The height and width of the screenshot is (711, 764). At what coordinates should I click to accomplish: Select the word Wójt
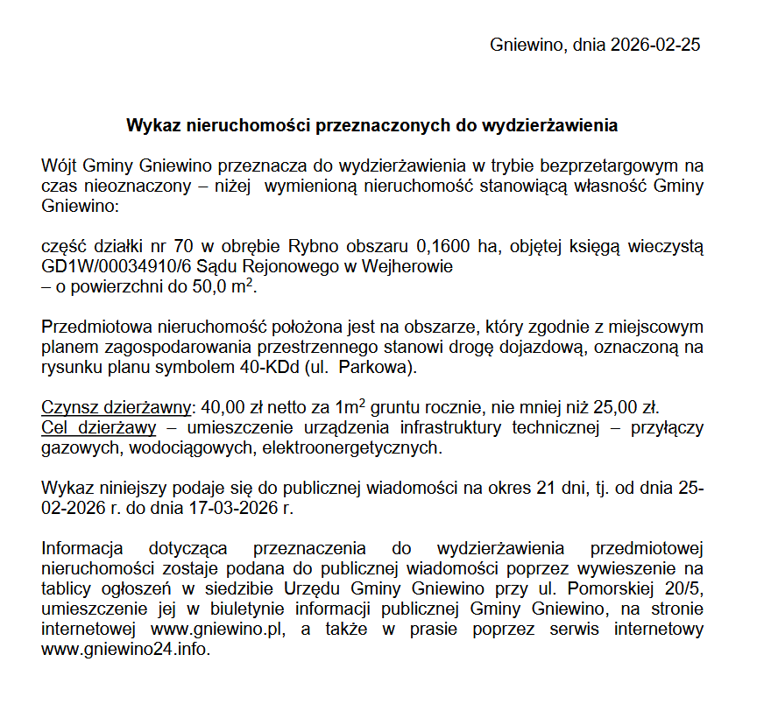click(60, 165)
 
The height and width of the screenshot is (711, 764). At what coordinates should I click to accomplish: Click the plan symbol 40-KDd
click(270, 368)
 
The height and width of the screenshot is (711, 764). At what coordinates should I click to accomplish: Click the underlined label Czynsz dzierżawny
click(117, 409)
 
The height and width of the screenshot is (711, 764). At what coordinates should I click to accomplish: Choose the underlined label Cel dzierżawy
click(99, 428)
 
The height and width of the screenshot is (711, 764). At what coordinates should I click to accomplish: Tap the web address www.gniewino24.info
click(125, 650)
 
